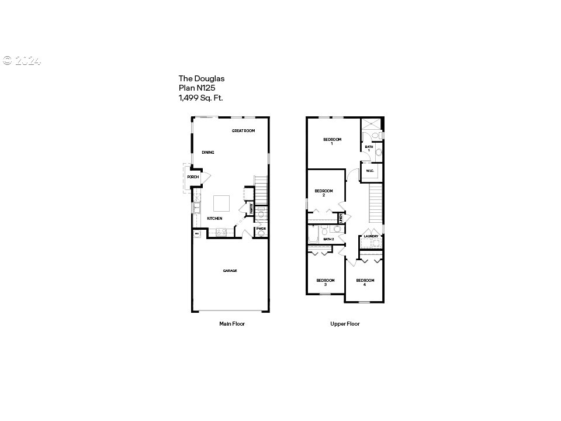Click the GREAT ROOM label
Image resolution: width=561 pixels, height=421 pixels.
(243, 131)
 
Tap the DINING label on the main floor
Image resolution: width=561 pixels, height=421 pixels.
(208, 153)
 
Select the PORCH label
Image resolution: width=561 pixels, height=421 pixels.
(192, 177)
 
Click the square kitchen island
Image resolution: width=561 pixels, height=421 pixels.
(222, 203)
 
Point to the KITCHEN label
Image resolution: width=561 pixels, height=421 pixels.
(214, 219)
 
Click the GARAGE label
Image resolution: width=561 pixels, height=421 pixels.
(230, 271)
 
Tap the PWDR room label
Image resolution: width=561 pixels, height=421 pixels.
(261, 229)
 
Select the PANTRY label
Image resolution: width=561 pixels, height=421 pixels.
(251, 208)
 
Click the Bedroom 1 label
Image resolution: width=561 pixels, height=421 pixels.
(333, 141)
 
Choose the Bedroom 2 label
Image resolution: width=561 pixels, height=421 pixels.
(324, 192)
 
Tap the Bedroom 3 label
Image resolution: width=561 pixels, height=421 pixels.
(325, 282)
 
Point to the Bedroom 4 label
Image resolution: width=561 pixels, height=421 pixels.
(365, 282)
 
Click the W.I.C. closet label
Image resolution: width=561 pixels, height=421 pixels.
(370, 171)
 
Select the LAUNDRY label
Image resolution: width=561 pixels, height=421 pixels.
(372, 236)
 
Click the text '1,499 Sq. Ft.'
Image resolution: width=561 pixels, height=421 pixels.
(200, 98)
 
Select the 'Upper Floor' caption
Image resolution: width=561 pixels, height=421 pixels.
(345, 323)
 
